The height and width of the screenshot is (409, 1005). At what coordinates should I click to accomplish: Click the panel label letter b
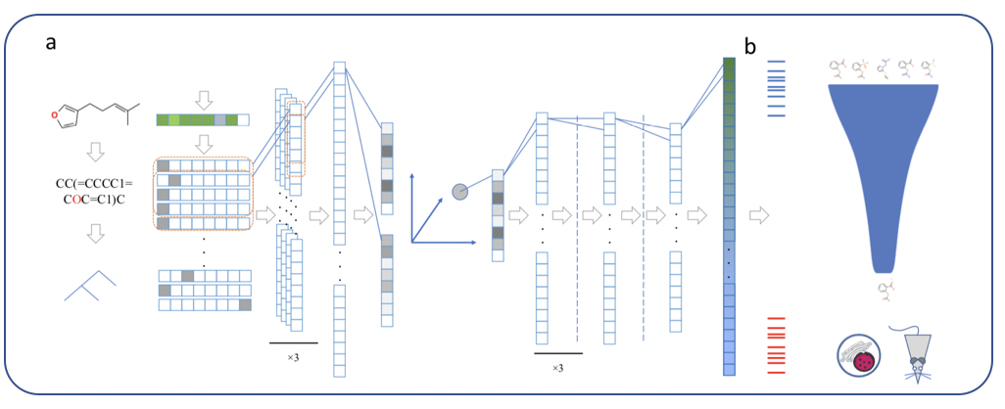tap(750, 45)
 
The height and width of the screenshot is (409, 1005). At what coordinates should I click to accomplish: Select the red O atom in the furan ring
tap(58, 115)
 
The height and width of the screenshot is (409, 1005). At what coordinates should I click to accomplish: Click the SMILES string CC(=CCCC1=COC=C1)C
tap(95, 191)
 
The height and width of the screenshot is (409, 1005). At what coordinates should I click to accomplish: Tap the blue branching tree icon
tap(89, 284)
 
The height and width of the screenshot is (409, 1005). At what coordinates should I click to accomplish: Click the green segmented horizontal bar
tap(203, 119)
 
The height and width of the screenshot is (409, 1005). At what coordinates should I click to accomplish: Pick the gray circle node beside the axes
tap(459, 191)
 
